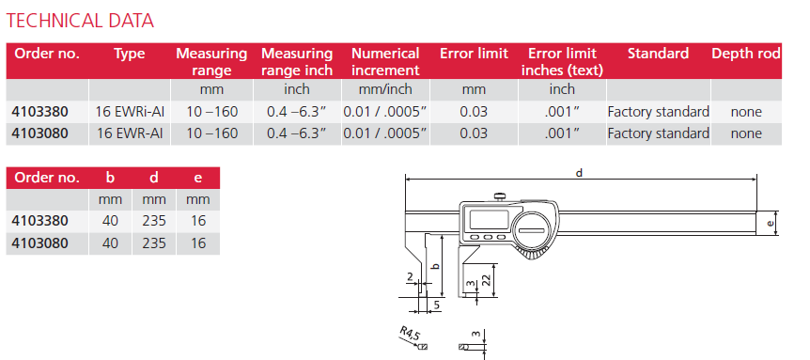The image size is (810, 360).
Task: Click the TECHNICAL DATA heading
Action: click(x=80, y=20)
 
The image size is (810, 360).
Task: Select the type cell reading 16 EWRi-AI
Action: click(x=130, y=112)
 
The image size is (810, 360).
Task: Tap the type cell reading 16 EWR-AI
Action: click(x=130, y=133)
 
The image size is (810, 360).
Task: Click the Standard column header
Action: click(x=658, y=54)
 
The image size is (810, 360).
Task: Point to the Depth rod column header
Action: click(x=746, y=54)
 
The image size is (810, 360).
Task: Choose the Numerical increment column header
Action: click(x=385, y=62)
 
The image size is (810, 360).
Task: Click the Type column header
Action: click(x=130, y=54)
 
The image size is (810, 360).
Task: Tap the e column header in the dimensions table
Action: click(x=196, y=178)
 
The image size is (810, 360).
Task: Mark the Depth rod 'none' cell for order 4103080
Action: click(x=746, y=133)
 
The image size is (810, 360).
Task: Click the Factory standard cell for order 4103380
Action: click(x=658, y=112)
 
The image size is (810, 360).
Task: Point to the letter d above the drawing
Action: click(x=580, y=173)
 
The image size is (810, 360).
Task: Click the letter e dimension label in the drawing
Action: click(x=771, y=223)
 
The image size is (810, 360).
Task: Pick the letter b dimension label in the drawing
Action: click(x=435, y=266)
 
